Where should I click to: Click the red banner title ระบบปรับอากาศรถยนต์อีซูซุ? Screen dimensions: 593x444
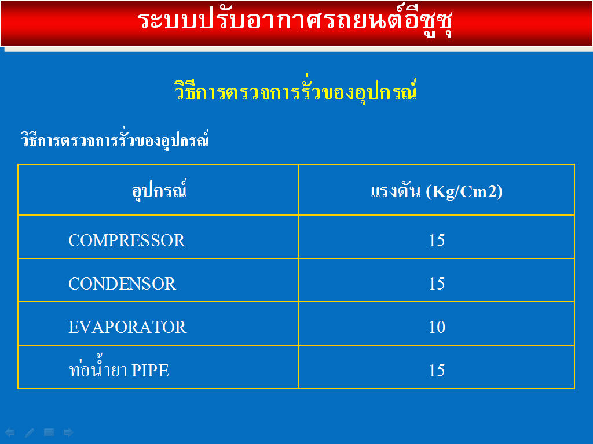[x=295, y=21]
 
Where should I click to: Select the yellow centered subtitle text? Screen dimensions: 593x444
[x=296, y=91]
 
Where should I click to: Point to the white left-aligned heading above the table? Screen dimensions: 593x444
[x=115, y=139]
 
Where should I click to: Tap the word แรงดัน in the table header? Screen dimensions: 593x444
[x=396, y=191]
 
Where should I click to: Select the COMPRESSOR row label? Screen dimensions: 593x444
[x=127, y=240]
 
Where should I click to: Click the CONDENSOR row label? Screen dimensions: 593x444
[x=122, y=284]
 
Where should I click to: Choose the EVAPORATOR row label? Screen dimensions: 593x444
[x=127, y=327]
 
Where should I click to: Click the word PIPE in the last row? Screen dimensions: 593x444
[x=150, y=371]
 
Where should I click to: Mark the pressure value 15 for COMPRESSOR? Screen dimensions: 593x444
[x=437, y=240]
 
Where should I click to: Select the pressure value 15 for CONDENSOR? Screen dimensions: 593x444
[x=437, y=284]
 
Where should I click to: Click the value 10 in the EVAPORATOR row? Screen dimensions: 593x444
[x=437, y=327]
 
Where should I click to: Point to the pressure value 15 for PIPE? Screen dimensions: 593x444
[x=437, y=371]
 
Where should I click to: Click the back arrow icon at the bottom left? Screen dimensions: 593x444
[x=10, y=432]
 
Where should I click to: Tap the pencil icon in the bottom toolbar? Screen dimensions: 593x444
[x=30, y=432]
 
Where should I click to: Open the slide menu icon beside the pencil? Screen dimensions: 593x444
[x=49, y=432]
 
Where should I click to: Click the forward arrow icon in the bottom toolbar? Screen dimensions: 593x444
[x=68, y=432]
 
